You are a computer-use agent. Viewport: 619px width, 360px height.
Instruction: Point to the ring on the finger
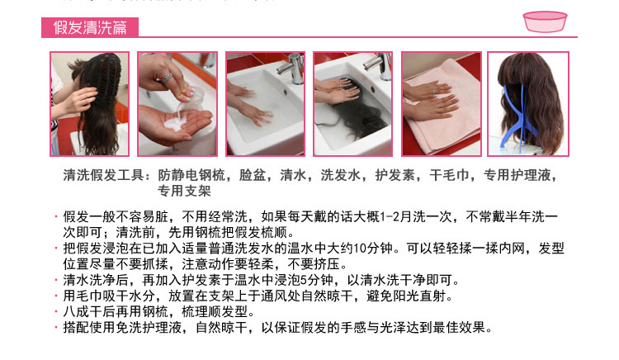pos(167,77)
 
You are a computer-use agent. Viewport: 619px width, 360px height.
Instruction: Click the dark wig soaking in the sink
pos(347,126)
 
